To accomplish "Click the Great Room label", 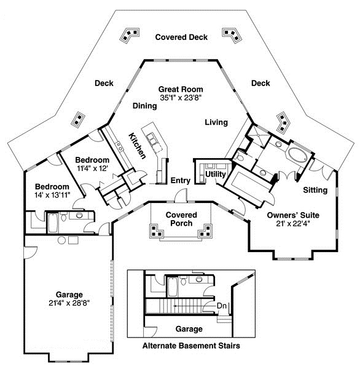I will [180, 89].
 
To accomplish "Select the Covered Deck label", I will [181, 38].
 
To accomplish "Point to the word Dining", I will [145, 106].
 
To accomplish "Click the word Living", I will [216, 122].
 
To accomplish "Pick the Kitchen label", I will [136, 145].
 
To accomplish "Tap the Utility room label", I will [216, 175].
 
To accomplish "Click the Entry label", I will [179, 180].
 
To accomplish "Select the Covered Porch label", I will [181, 219].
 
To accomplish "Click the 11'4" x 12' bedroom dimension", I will [92, 167].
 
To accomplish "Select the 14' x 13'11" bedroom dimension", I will [52, 195].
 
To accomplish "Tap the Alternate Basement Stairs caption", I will [191, 346].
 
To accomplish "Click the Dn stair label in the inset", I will [222, 305].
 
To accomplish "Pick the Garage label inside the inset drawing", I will [189, 329].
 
